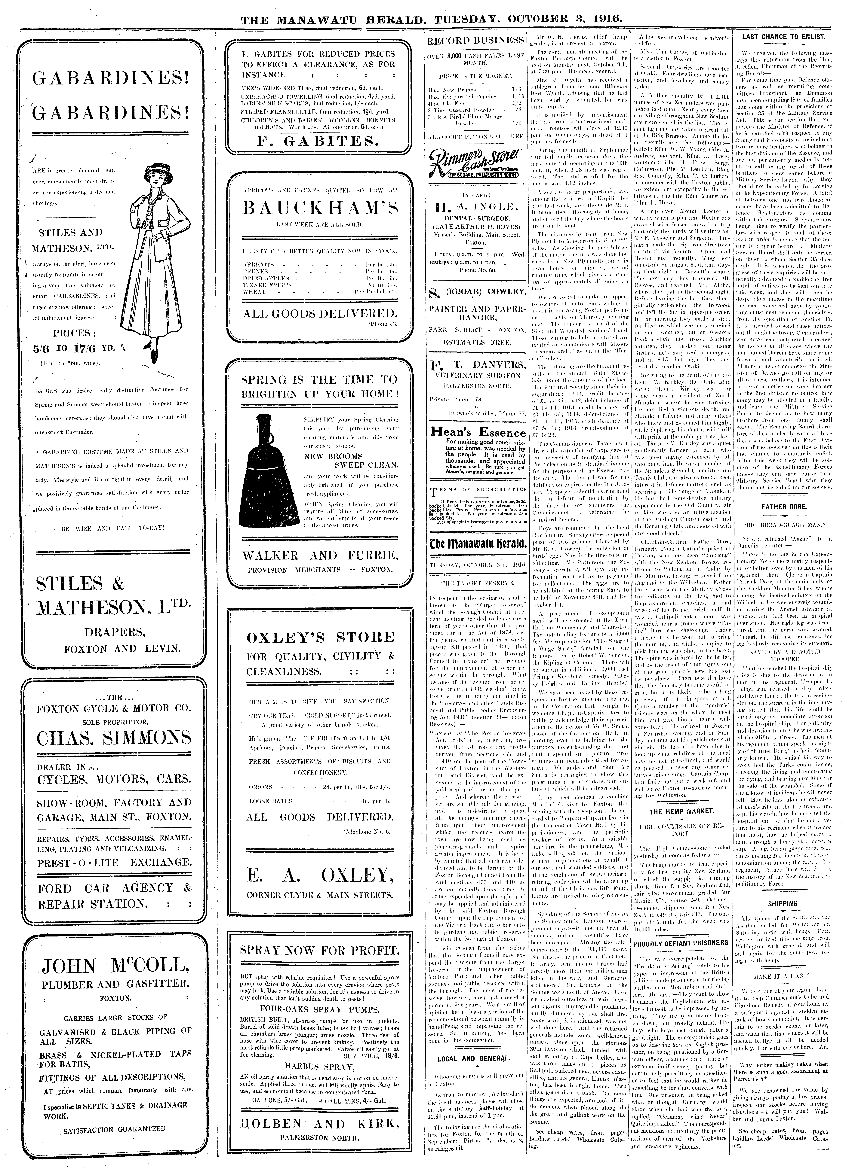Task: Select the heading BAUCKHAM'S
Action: tap(320, 208)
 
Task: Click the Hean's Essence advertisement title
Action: tap(474, 433)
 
